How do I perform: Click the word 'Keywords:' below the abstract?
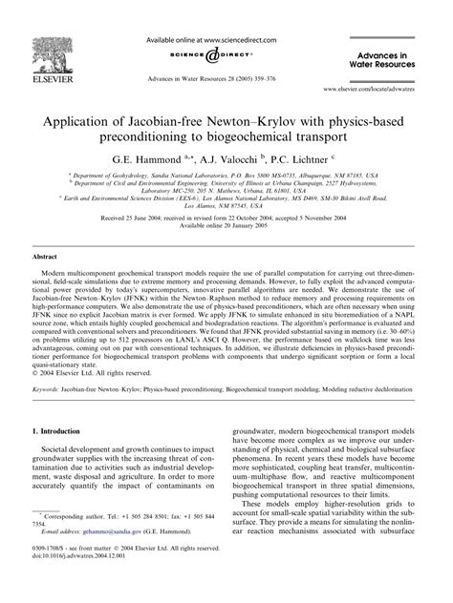pyautogui.click(x=50, y=391)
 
